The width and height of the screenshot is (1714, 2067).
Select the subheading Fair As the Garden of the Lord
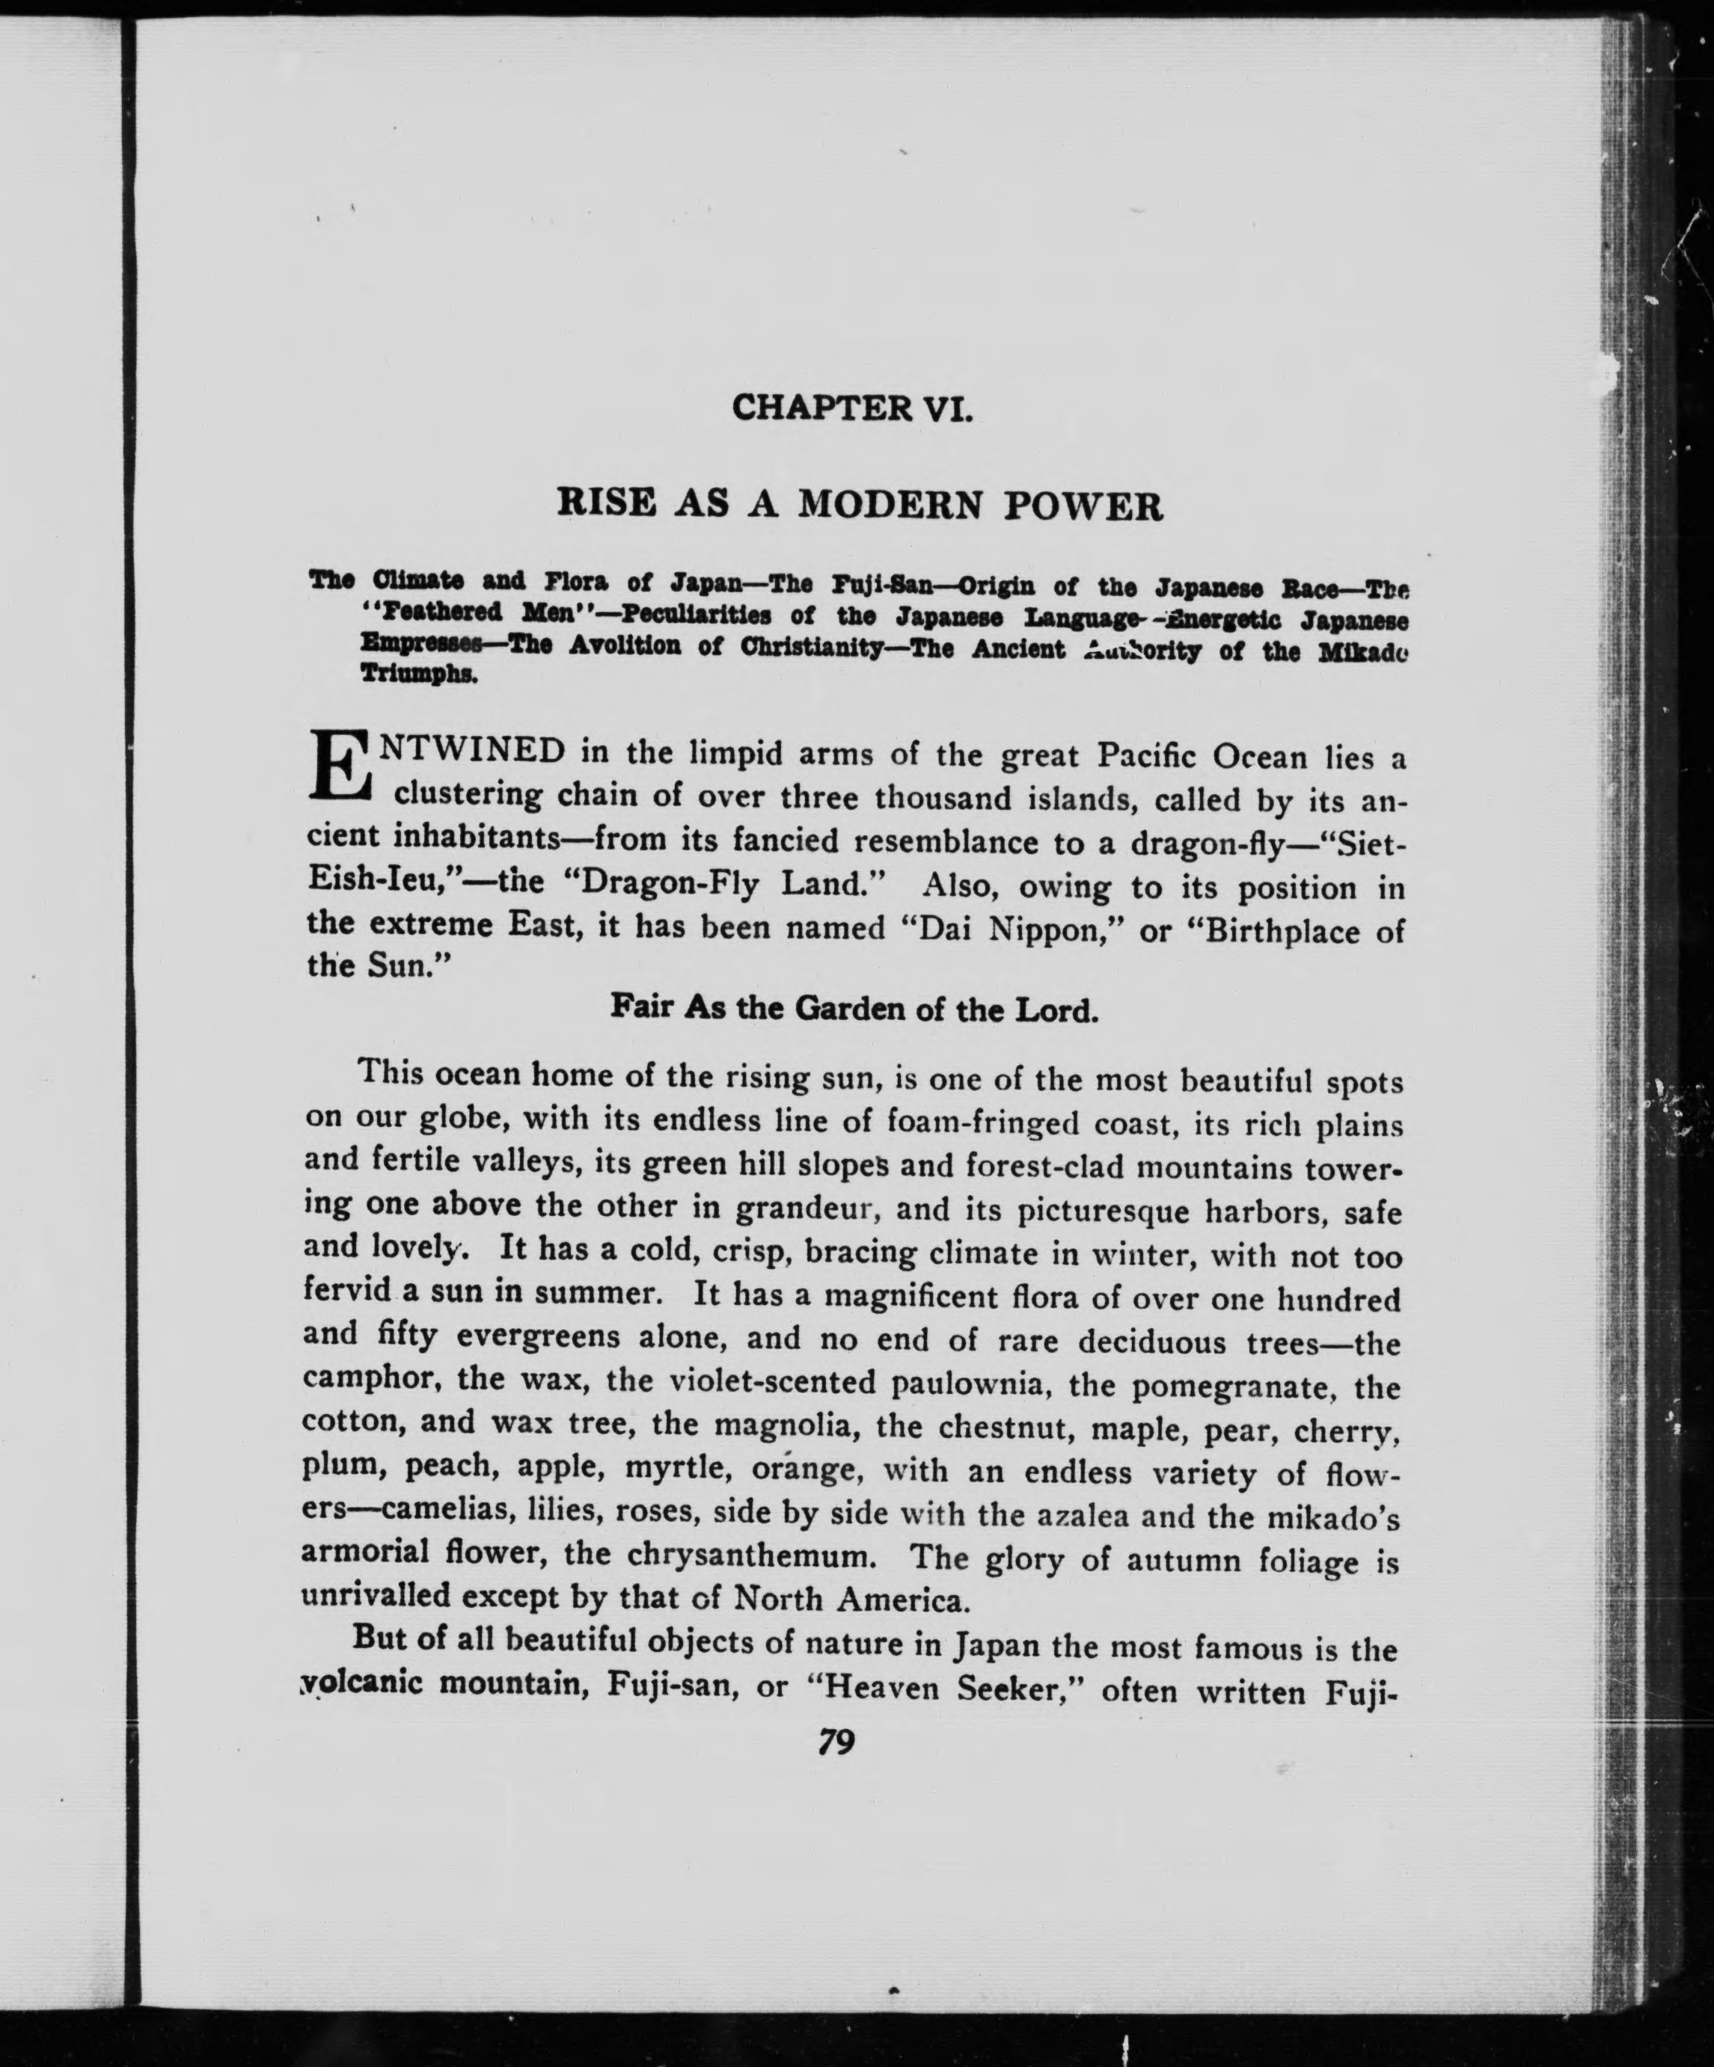point(854,1009)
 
